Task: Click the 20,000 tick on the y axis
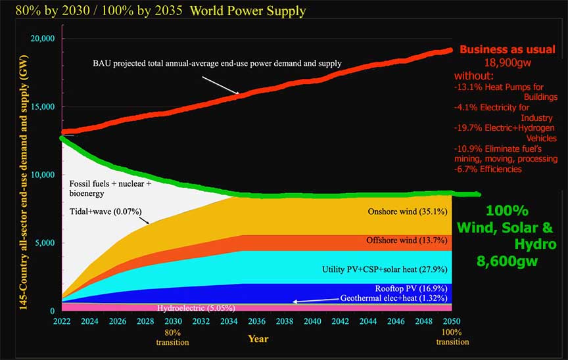[41, 39]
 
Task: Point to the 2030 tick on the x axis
[174, 321]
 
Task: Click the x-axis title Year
[257, 339]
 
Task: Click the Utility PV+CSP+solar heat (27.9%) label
[385, 269]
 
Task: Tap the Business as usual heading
[507, 49]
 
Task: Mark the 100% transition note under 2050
[453, 336]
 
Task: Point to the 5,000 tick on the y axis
[43, 243]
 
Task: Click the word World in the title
[198, 11]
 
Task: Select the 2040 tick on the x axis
[313, 321]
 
